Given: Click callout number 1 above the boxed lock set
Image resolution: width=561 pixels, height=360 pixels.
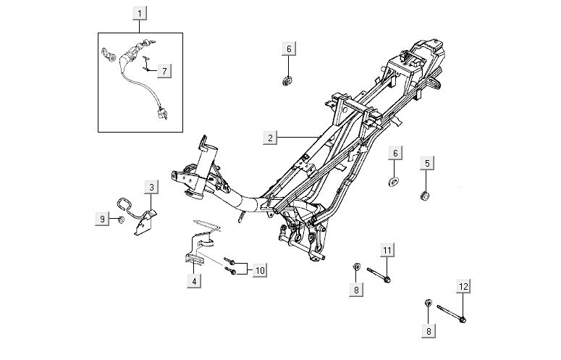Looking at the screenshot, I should pyautogui.click(x=140, y=12).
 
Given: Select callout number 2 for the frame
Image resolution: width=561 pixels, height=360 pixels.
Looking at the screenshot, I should pyautogui.click(x=269, y=137).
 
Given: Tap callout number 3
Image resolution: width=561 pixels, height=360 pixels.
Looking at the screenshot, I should pyautogui.click(x=151, y=188).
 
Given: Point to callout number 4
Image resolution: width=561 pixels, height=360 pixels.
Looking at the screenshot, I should pyautogui.click(x=194, y=281).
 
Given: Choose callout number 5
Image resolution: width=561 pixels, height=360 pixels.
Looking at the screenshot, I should pyautogui.click(x=427, y=163).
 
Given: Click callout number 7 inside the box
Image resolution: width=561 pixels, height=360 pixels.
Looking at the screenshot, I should pyautogui.click(x=164, y=70).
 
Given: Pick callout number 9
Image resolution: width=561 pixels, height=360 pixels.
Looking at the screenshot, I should pyautogui.click(x=102, y=217).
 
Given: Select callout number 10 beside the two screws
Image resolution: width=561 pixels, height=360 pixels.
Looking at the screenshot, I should pyautogui.click(x=260, y=270).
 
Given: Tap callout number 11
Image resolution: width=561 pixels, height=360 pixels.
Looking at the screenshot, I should pyautogui.click(x=387, y=251).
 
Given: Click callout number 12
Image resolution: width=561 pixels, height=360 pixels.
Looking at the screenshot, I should pyautogui.click(x=463, y=287).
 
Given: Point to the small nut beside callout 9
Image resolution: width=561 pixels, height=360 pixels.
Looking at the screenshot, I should pyautogui.click(x=121, y=219).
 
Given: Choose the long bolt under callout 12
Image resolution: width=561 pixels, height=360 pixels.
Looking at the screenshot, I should pyautogui.click(x=450, y=314).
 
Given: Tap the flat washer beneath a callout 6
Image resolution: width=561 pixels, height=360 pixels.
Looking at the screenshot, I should pyautogui.click(x=395, y=180).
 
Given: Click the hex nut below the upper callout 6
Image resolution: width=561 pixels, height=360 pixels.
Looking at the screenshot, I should pyautogui.click(x=287, y=78).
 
